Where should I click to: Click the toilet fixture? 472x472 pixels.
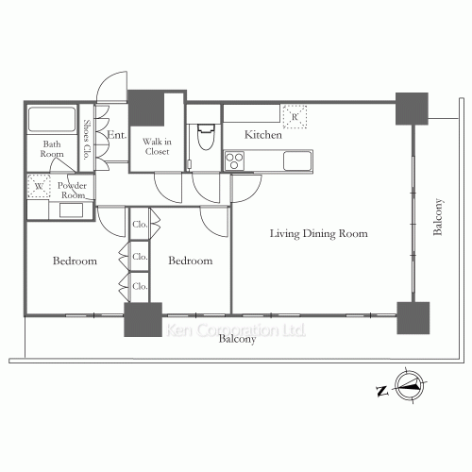pos(206,137)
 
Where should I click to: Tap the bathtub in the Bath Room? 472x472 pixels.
pos(52,119)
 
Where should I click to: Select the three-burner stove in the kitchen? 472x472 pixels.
pos(234,160)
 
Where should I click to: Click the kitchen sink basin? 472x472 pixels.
pos(297,160)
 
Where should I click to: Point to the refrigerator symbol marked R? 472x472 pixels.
pos(295,117)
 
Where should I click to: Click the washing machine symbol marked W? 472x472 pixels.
pos(39,186)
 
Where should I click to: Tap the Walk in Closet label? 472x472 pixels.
pos(157,146)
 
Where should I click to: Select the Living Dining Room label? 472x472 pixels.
pos(319,233)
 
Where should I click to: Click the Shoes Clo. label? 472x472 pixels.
pos(87,139)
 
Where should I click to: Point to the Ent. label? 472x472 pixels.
pos(117,135)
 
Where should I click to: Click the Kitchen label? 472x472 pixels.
pos(263,135)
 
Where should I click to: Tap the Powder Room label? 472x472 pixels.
pos(73,190)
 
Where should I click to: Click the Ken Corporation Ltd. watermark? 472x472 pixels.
pos(236,330)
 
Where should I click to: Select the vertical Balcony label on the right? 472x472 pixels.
pos(438,217)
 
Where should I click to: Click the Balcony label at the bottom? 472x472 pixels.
pos(237,339)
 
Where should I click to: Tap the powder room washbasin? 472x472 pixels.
pos(71,211)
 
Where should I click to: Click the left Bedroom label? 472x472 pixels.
pos(75,261)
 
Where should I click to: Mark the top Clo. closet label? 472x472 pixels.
pos(140,225)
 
